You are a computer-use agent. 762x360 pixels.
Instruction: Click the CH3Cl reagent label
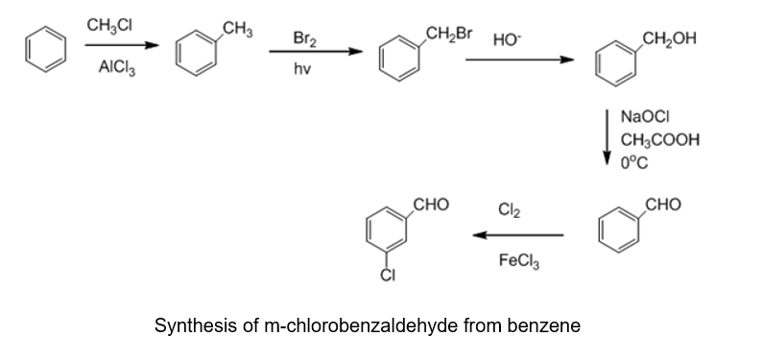[x=109, y=25]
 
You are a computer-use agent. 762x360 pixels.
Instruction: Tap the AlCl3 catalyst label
[x=117, y=67]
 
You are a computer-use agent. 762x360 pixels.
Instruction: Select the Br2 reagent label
[x=304, y=38]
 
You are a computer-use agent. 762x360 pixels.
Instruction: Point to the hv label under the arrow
[x=301, y=69]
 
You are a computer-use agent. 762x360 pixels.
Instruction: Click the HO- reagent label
[x=507, y=39]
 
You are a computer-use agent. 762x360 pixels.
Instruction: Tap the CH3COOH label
[x=660, y=140]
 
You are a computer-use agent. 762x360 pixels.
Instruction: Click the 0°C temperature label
[x=634, y=163]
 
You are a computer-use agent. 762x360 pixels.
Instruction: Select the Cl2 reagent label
[x=509, y=210]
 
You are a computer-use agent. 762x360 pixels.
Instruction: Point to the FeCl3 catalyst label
[x=519, y=261]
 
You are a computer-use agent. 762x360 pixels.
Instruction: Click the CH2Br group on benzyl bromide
[x=449, y=34]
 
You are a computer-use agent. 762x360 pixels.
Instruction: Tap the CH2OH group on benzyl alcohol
[x=669, y=38]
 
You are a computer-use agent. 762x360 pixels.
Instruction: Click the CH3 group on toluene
[x=238, y=30]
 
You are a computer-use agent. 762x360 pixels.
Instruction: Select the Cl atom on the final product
[x=388, y=276]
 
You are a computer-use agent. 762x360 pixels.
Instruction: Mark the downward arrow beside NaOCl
[x=607, y=137]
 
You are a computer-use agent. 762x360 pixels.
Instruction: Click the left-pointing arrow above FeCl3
[x=518, y=235]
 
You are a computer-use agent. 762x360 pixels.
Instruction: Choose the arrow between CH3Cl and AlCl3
[x=122, y=45]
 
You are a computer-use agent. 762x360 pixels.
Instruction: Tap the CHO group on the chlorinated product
[x=431, y=204]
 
